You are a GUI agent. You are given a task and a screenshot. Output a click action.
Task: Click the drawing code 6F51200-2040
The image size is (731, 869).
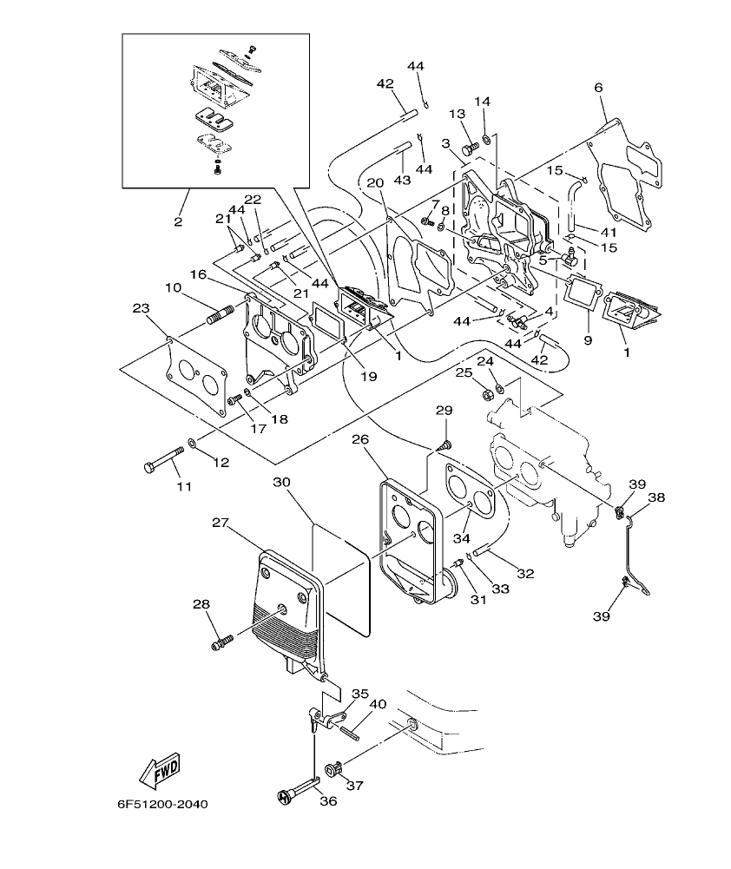162,804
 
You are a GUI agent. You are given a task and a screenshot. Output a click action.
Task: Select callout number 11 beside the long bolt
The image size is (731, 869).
184,486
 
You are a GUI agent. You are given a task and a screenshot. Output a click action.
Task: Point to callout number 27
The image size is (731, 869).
220,523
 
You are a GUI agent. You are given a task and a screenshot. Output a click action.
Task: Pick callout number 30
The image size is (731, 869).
281,482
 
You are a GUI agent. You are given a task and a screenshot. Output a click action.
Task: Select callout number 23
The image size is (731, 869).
142,307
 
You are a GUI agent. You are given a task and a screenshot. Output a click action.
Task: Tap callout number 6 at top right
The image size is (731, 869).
598,88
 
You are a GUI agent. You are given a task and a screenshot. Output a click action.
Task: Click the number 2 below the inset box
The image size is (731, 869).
178,222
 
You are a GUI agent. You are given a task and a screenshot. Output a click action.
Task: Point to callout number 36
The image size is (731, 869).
327,801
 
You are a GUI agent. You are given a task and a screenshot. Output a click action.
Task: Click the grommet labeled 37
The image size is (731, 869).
332,769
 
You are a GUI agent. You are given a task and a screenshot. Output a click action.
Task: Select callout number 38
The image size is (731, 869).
656,498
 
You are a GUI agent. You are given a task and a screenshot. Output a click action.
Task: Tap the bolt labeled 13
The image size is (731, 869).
470,149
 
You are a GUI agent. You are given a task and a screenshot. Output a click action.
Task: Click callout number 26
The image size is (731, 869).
361,439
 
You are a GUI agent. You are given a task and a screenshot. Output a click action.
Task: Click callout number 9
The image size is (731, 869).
588,341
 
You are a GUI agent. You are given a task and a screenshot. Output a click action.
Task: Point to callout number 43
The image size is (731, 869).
402,180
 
